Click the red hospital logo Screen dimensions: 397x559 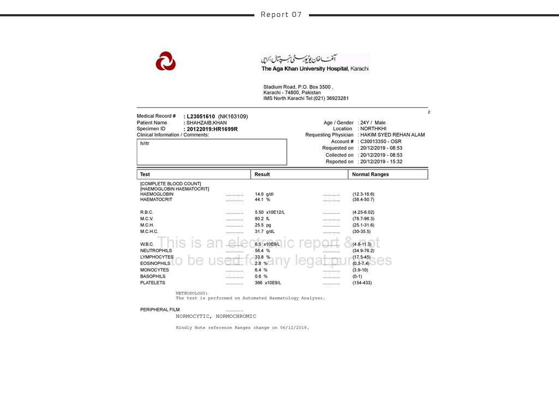165,61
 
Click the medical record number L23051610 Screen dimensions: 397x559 201,117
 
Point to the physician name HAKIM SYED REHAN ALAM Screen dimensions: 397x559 393,135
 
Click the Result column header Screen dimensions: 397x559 263,175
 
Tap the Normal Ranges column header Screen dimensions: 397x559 371,175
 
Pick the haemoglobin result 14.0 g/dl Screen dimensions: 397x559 263,194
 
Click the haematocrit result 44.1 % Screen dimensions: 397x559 263,200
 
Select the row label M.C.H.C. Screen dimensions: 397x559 149,232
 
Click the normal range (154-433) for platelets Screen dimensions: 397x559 362,283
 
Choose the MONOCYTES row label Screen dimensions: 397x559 154,270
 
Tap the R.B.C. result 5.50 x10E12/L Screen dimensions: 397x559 270,212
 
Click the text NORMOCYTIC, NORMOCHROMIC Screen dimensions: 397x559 216,316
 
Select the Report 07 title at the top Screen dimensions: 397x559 281,15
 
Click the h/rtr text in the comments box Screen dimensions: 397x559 145,143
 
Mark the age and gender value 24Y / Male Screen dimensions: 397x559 373,123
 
